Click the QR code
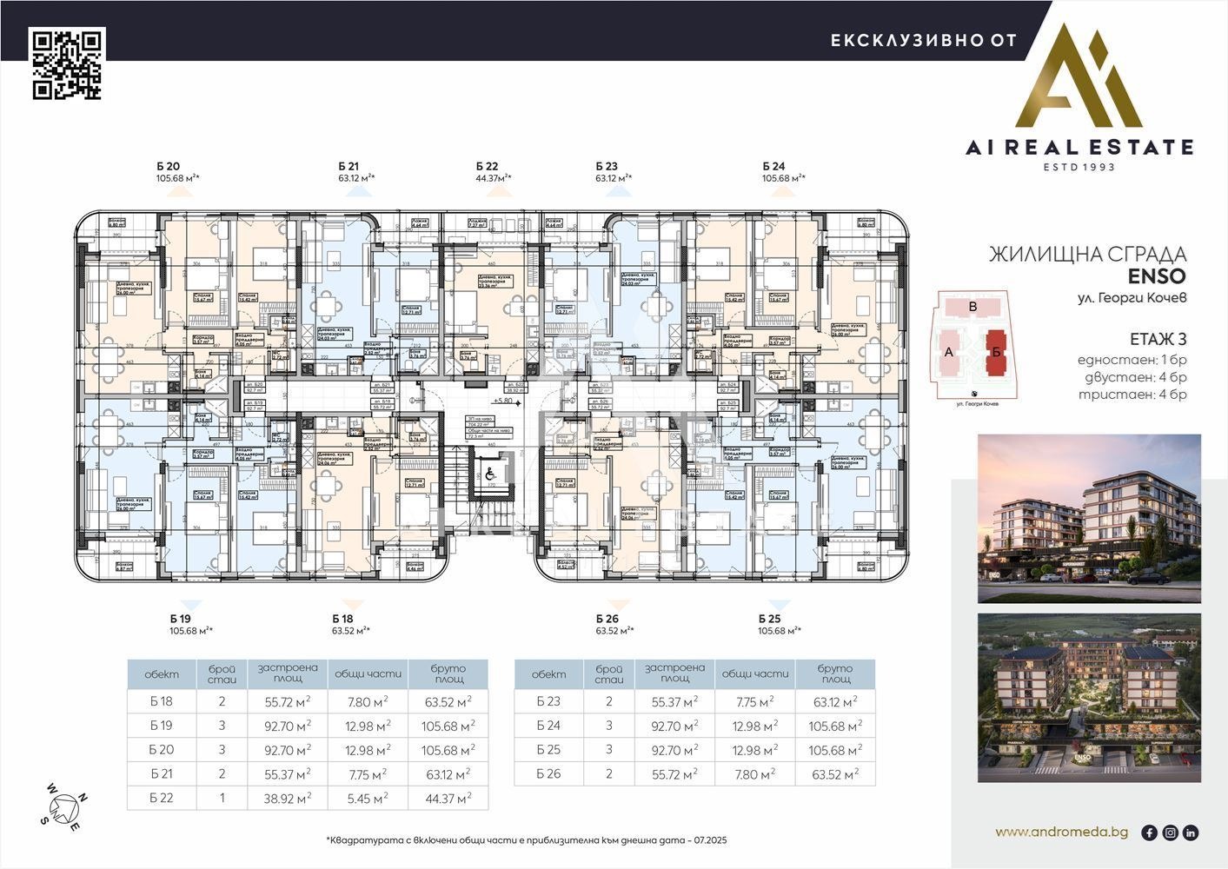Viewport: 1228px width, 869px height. pos(68,64)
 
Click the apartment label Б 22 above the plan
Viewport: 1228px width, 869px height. pos(487,166)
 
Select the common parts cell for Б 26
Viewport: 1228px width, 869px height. pos(753,774)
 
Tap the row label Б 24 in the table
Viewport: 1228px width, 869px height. pos(548,726)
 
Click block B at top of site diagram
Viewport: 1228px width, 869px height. pos(973,307)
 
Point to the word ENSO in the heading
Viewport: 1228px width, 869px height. pos(1156,276)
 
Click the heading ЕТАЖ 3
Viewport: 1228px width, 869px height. pos(1158,339)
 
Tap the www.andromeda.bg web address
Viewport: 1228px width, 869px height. pos(1061,832)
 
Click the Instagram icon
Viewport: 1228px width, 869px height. pos(1170,833)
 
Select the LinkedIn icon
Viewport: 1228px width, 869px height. pos(1191,833)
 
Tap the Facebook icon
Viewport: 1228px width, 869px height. pos(1149,833)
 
